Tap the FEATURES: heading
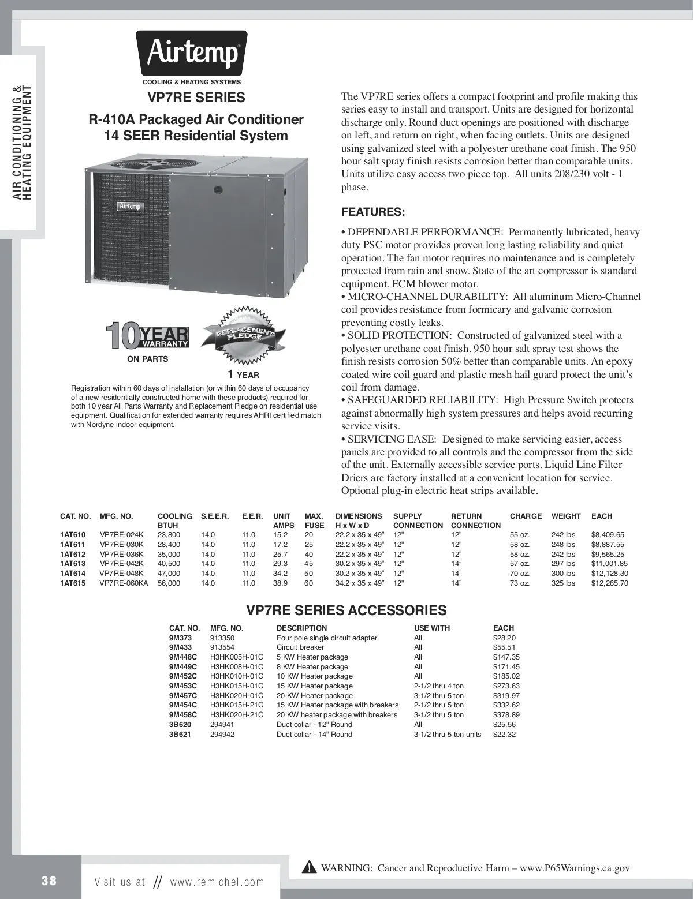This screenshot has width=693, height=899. click(x=373, y=211)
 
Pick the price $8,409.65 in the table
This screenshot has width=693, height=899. click(x=608, y=535)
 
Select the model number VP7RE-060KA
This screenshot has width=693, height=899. click(x=124, y=583)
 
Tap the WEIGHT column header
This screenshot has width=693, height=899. click(x=566, y=516)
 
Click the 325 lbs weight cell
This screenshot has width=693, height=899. click(x=563, y=583)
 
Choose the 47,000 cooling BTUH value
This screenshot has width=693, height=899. click(x=169, y=574)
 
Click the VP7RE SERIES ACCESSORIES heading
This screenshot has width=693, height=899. click(x=346, y=610)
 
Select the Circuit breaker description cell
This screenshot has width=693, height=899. click(x=300, y=647)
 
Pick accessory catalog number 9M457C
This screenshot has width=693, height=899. click(x=182, y=695)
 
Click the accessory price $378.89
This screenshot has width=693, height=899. click(x=505, y=715)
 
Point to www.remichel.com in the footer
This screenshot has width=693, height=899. click(x=217, y=882)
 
